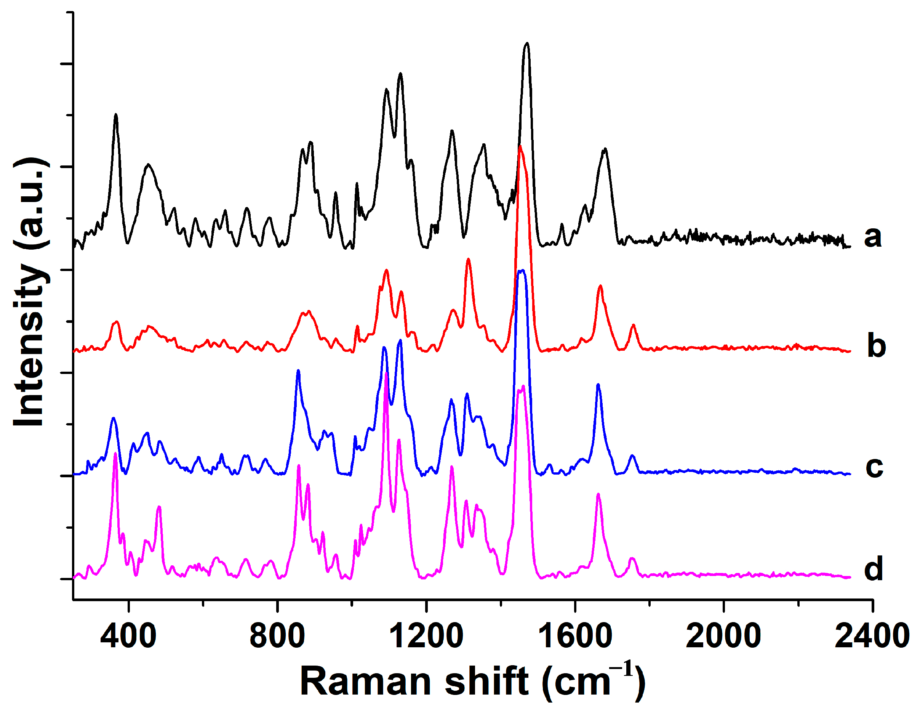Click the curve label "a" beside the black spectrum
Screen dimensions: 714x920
(x=872, y=237)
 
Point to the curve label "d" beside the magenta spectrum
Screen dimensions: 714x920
(x=873, y=569)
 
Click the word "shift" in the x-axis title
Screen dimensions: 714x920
(x=486, y=682)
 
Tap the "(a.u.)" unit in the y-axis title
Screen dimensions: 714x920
(x=32, y=203)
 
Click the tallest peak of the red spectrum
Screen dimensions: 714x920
(x=521, y=147)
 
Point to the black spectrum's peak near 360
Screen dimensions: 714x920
(x=116, y=115)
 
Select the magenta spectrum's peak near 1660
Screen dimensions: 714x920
(x=598, y=494)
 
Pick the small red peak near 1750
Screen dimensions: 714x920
(x=633, y=326)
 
